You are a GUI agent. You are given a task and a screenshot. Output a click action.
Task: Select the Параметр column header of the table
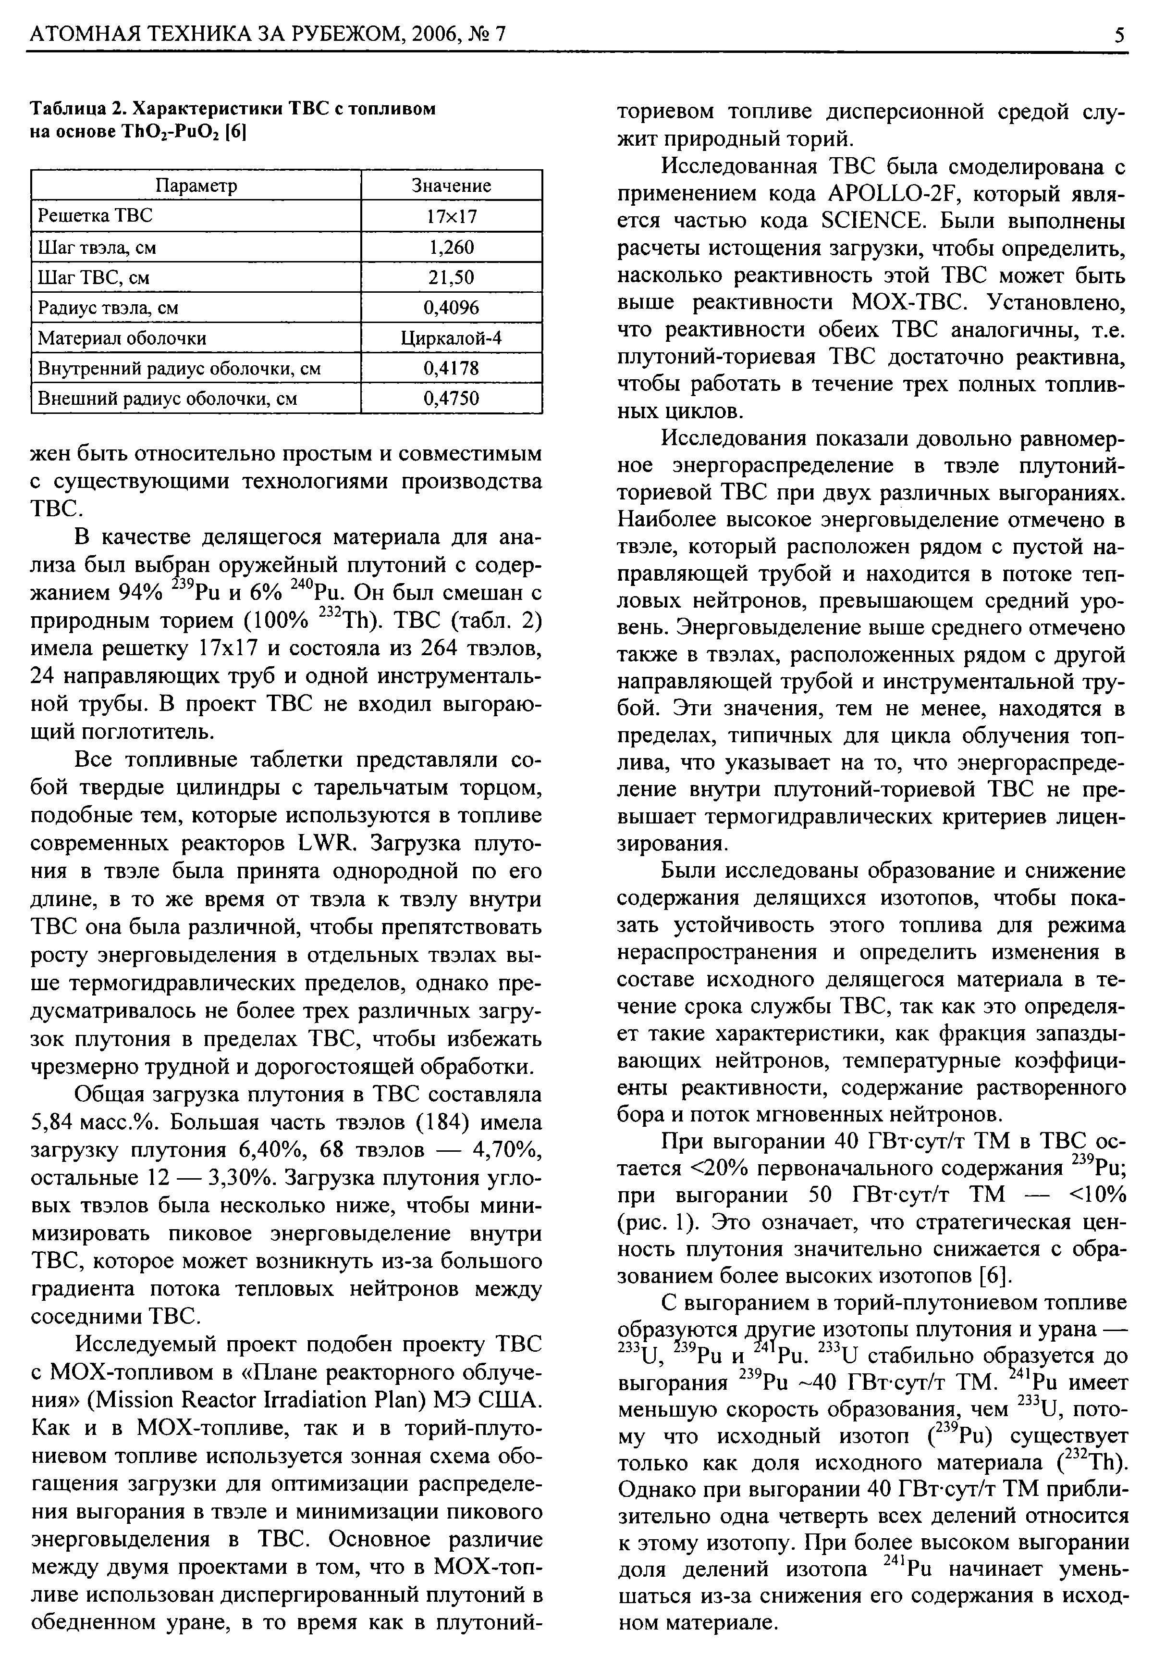pyautogui.click(x=196, y=186)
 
